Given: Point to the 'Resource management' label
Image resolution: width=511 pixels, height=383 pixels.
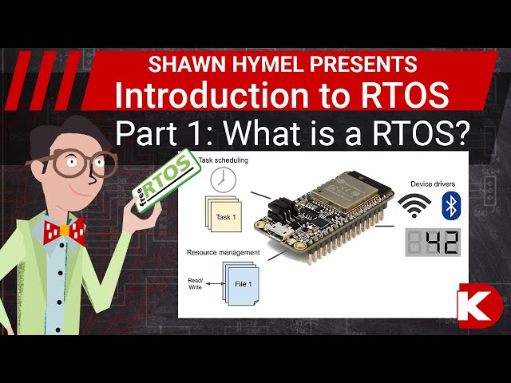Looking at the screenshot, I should [224, 252].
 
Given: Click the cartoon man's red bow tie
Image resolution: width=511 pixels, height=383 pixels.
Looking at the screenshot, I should [64, 231].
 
